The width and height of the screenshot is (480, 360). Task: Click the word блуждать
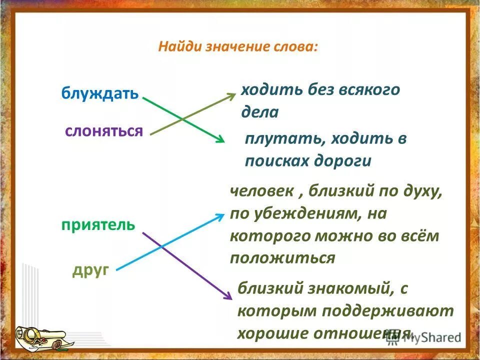pyautogui.click(x=99, y=93)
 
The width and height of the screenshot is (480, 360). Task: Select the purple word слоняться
pyautogui.click(x=104, y=131)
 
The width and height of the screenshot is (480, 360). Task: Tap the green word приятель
pyautogui.click(x=98, y=224)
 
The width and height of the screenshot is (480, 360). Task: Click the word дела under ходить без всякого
pyautogui.click(x=259, y=112)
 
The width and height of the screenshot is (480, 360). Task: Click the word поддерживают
pyautogui.click(x=387, y=311)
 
